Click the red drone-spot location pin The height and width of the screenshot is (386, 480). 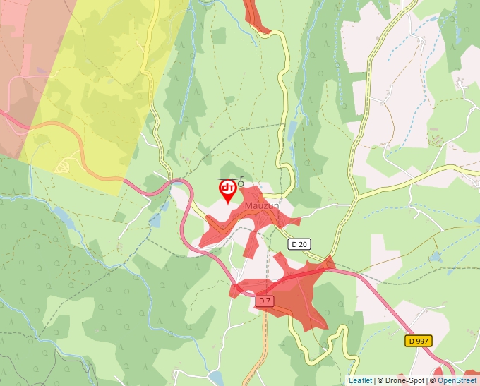pos(228,190)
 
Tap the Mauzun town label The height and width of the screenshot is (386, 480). pos(258,205)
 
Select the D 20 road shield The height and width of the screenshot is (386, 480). pos(299,243)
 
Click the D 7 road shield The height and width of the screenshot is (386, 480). pos(265,301)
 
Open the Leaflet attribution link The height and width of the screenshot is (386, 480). pos(360,380)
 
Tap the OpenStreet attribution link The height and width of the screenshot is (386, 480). pos(457,380)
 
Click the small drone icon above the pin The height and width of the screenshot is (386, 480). pos(240,182)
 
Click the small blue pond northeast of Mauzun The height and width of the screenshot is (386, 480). pos(292,130)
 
